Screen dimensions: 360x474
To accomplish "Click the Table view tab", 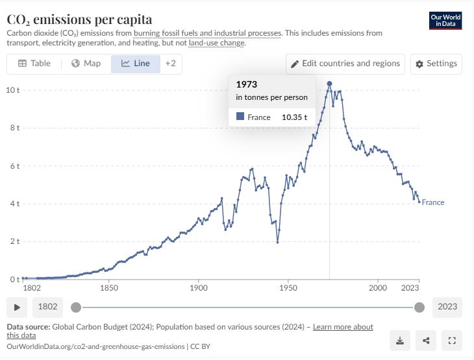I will click(x=34, y=64).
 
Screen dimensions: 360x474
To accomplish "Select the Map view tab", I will click(x=86, y=64).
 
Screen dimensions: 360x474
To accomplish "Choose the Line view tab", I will click(x=136, y=64).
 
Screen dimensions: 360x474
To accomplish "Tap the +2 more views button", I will click(x=170, y=64).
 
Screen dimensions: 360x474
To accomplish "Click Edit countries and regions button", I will click(x=346, y=64).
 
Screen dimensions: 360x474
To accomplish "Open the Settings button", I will click(x=436, y=64).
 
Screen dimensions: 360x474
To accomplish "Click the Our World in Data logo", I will click(x=446, y=20).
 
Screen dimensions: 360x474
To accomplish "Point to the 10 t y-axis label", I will click(x=13, y=90).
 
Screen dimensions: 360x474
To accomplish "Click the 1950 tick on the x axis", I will click(x=288, y=287).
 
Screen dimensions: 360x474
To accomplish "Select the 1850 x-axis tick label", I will click(x=109, y=287).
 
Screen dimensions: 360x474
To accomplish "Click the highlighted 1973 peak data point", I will click(x=330, y=84).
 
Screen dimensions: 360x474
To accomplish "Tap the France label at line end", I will click(x=433, y=202).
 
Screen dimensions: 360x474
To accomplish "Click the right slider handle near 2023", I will click(x=419, y=307).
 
